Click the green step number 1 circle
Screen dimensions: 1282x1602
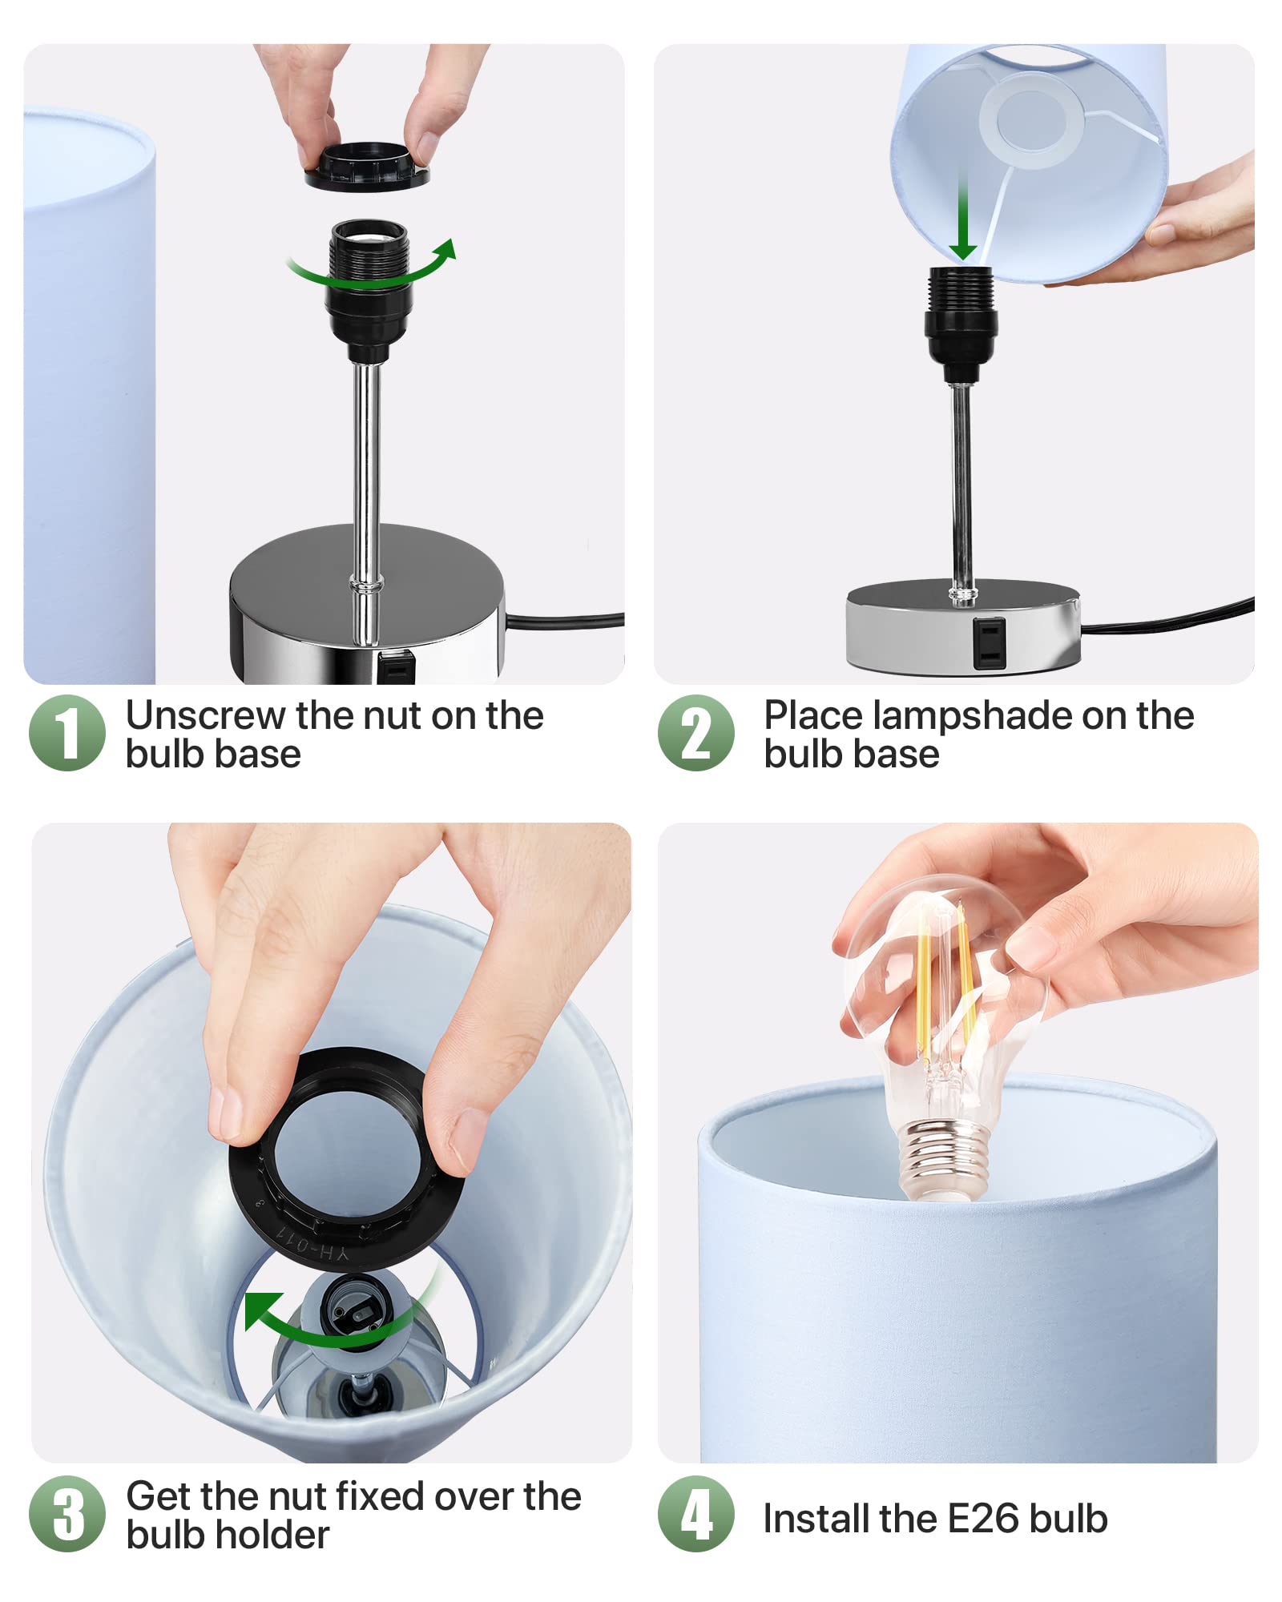[67, 733]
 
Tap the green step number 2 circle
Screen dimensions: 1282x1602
[696, 733]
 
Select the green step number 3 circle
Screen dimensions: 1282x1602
[67, 1514]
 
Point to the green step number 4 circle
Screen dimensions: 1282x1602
[696, 1514]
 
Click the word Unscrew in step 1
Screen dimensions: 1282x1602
[206, 715]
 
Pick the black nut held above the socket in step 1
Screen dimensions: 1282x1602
[367, 166]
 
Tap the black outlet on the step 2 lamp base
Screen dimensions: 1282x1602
[989, 642]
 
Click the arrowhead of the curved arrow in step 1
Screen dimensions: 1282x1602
[444, 251]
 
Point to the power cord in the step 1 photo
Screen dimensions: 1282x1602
[564, 621]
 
